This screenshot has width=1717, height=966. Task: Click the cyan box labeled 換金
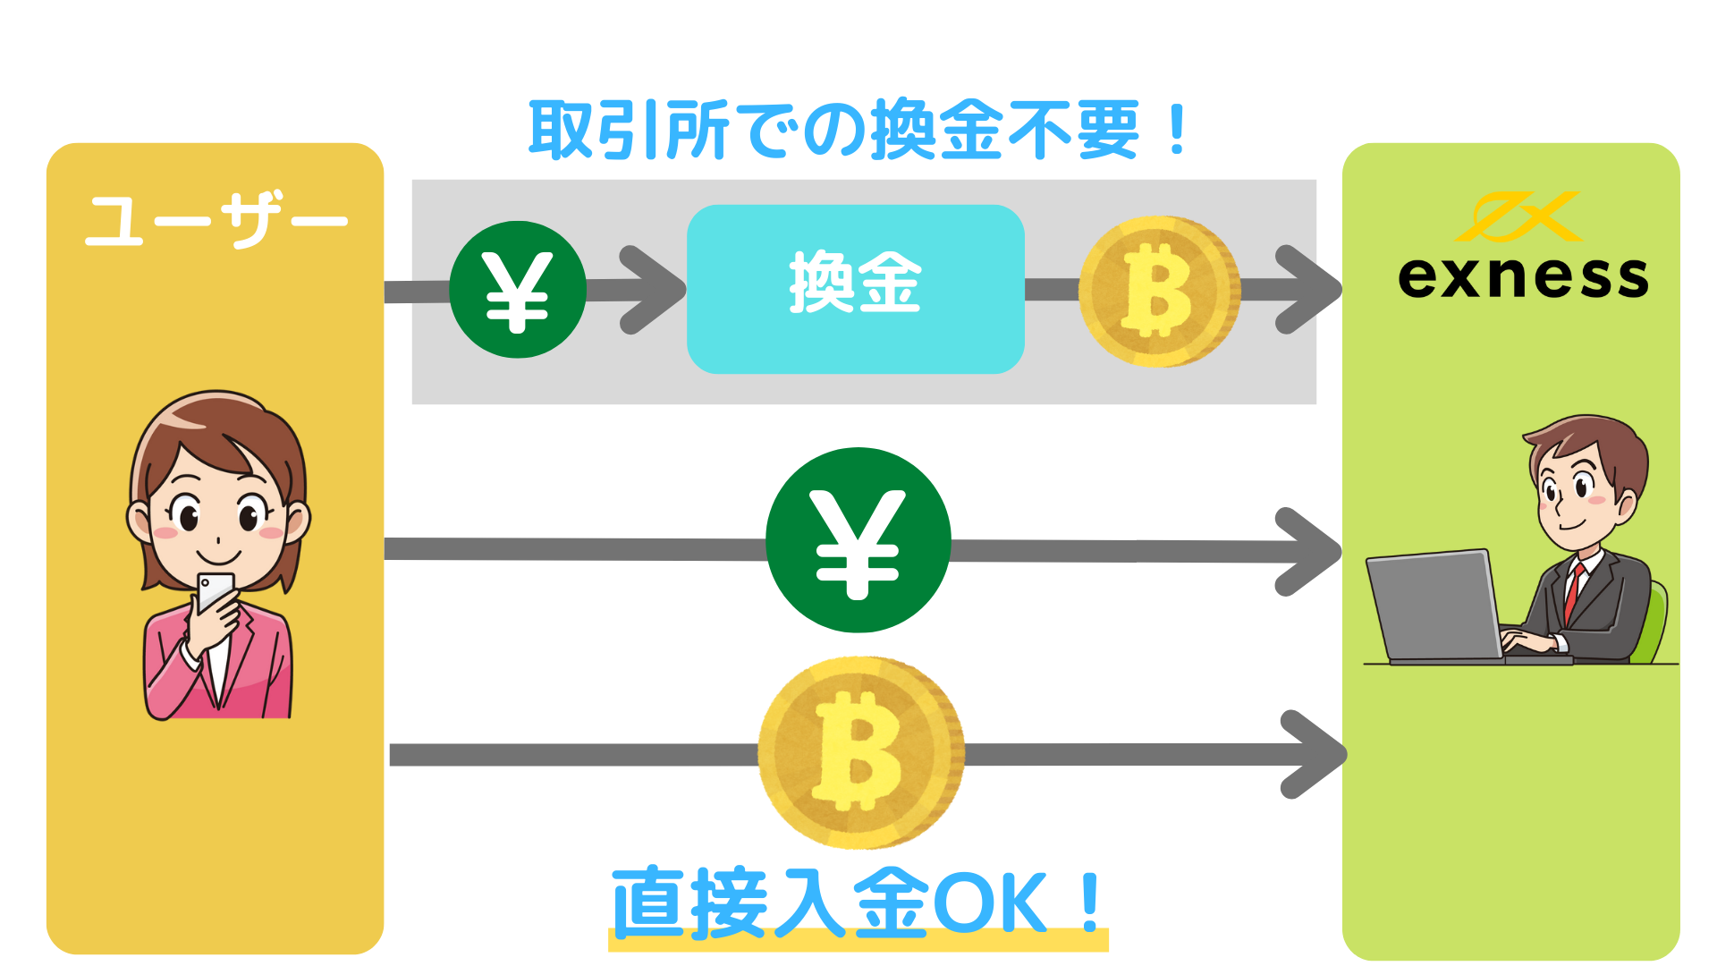click(855, 289)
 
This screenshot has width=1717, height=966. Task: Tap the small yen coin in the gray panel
click(517, 290)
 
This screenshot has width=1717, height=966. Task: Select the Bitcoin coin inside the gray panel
click(1159, 291)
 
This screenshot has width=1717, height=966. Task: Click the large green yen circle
click(858, 540)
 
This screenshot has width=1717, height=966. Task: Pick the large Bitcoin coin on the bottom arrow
click(860, 753)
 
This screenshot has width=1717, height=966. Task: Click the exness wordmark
click(1522, 276)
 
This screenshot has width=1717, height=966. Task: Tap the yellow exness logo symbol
click(1518, 216)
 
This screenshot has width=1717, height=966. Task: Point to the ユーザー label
click(216, 219)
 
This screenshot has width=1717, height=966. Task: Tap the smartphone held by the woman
click(216, 590)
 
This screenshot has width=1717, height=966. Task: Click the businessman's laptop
click(1435, 606)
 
